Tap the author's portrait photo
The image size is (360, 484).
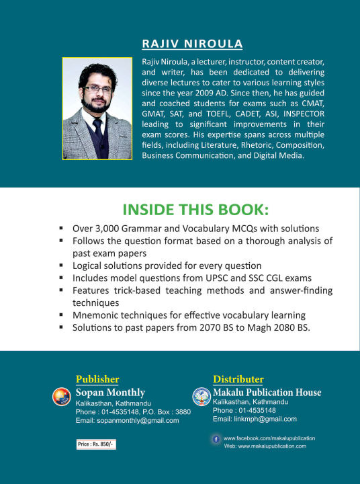pyautogui.click(x=98, y=109)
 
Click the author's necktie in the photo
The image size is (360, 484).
pyautogui.click(x=97, y=130)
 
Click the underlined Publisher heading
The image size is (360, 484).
pyautogui.click(x=97, y=379)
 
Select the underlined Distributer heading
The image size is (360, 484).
pyautogui.click(x=238, y=379)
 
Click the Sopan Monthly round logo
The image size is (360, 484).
pyautogui.click(x=62, y=397)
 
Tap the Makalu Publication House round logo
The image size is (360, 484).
pyautogui.click(x=201, y=396)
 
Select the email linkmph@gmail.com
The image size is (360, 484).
pyautogui.click(x=255, y=419)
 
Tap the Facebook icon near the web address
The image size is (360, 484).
pyautogui.click(x=216, y=438)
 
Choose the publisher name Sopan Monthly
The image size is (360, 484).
pyautogui.click(x=110, y=393)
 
